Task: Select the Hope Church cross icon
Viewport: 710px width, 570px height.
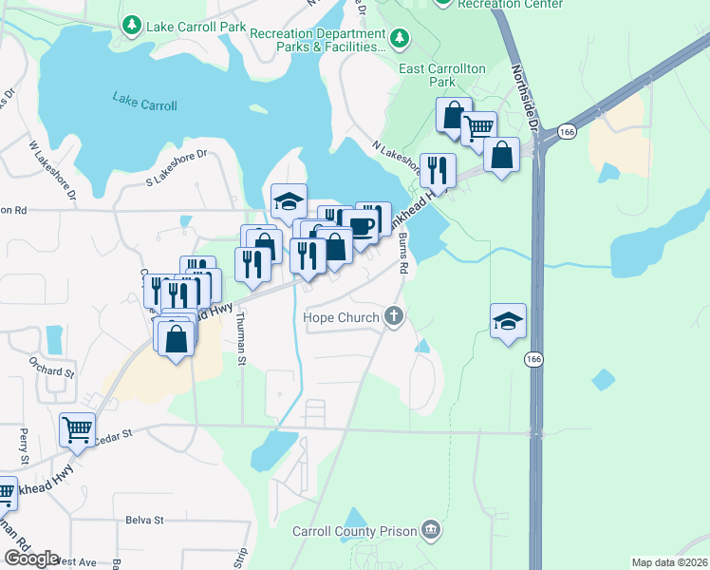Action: (394, 317)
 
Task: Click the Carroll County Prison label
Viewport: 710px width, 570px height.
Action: (355, 530)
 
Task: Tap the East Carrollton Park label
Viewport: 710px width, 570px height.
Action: (442, 75)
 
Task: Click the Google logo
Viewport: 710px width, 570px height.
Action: (31, 559)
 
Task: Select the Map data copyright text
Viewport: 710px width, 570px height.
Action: (670, 562)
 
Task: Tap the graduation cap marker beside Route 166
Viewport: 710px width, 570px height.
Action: (508, 319)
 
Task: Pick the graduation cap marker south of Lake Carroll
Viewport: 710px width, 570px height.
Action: (289, 199)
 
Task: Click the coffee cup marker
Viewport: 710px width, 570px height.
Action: (361, 224)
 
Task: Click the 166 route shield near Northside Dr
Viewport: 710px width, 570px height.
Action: (567, 130)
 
